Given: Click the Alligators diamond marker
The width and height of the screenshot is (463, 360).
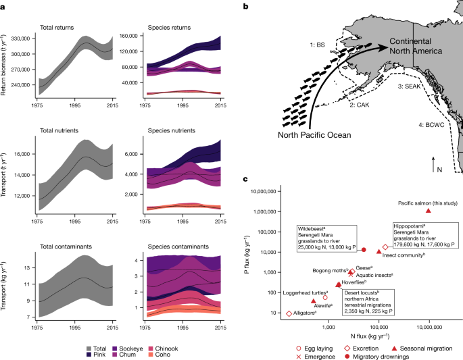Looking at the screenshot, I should (289, 313).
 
